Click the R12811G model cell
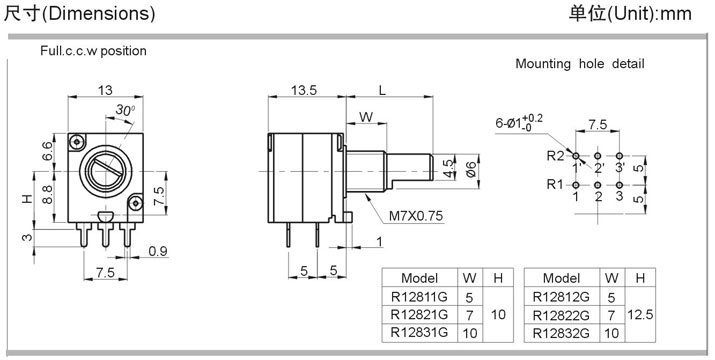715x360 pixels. [419, 297]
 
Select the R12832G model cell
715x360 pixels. [561, 333]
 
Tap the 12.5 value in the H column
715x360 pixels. [640, 314]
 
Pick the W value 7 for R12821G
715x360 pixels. [469, 315]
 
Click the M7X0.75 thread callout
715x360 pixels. [415, 216]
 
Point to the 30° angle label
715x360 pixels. [125, 110]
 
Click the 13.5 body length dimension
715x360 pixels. [304, 90]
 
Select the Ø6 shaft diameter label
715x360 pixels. [471, 170]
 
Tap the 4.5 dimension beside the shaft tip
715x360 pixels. [449, 168]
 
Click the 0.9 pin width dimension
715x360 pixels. [158, 251]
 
